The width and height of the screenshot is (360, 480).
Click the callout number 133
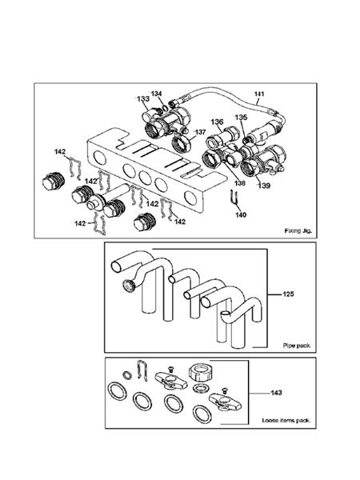[x=142, y=100]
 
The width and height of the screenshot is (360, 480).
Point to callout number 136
[x=217, y=122]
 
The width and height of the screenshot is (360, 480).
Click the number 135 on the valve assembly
[x=241, y=117]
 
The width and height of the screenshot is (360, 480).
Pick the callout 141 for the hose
[x=258, y=95]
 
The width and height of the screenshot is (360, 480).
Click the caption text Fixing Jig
[x=297, y=230]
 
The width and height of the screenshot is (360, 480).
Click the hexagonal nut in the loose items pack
[x=199, y=373]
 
